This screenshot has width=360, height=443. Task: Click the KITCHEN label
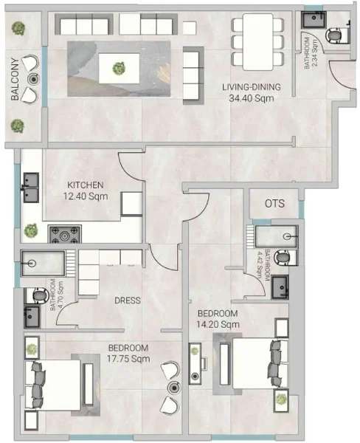(86, 185)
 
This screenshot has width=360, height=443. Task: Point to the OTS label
(274, 204)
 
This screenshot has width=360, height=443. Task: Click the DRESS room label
(128, 301)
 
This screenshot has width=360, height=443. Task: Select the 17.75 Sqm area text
(128, 359)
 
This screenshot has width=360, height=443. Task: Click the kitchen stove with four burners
(64, 235)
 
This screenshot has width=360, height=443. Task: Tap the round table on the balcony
(32, 79)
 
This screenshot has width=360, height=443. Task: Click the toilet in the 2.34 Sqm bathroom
(335, 35)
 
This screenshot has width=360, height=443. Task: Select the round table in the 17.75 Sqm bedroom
(173, 387)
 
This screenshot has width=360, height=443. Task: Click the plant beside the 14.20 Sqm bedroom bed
(280, 399)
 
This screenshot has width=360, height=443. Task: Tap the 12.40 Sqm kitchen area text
(86, 196)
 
